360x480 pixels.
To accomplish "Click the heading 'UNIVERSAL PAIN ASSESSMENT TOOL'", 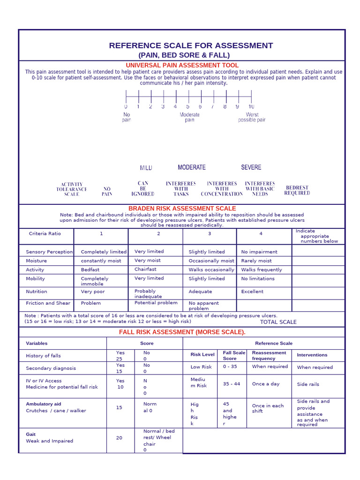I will coord(182,65).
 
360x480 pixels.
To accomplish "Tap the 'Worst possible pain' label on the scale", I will coord(252,117).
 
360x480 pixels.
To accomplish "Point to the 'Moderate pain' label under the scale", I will coord(189,117).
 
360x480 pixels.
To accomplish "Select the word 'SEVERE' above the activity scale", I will coord(251,167).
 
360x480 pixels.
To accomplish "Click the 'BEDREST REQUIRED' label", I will coord(298,190).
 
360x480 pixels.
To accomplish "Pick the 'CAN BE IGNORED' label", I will coord(143,188).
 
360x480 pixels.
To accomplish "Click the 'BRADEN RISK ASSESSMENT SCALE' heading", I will coord(182,208).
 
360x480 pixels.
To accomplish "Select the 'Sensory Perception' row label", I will coord(49,252).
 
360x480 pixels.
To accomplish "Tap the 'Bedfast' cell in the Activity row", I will coord(90,270).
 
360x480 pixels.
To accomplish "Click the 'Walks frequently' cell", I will coord(262,270).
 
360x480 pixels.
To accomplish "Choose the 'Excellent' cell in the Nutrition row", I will coord(252,292).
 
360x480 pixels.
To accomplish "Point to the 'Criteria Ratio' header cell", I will coord(45,233).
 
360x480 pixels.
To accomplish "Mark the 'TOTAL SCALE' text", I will coord(278,322).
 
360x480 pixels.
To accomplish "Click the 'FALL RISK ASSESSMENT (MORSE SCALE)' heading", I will coord(182,332).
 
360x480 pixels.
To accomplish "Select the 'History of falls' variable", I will coord(43,356).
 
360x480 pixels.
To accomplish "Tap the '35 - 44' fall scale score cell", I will coord(232,383).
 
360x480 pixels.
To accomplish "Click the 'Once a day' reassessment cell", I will coord(266,383).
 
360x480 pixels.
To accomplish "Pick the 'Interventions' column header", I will coord(312,355).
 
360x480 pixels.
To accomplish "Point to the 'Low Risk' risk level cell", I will coord(201,367).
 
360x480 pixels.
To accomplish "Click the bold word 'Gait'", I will coord(31,434).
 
